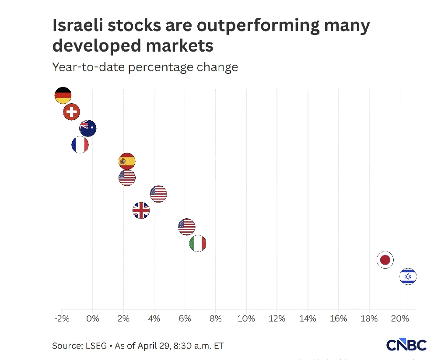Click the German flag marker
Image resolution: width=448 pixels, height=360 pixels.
[x=63, y=95]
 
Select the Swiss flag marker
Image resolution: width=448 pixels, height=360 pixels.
[x=71, y=112]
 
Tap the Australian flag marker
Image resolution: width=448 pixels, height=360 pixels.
[x=88, y=129]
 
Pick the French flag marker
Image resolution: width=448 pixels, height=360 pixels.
[x=80, y=145]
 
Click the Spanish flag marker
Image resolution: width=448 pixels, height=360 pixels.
[x=127, y=161]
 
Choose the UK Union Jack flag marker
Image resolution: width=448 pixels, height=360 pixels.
[x=141, y=211]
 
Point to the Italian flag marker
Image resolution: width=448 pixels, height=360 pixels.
[x=198, y=244]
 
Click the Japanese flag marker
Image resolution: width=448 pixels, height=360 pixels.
[x=385, y=260]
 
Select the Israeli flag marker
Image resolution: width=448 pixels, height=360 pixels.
[x=408, y=276]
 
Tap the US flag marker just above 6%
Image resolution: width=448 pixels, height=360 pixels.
[x=187, y=227]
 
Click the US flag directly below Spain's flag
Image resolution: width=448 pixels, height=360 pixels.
[x=127, y=178]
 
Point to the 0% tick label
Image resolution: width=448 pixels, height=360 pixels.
[x=93, y=319]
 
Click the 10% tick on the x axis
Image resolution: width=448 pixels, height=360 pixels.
[x=246, y=319]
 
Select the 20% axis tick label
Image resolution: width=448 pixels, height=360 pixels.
[x=400, y=319]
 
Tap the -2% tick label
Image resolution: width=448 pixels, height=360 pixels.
[x=62, y=319]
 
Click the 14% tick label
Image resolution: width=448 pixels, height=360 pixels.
[x=308, y=319]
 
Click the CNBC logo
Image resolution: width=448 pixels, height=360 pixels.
[x=406, y=345]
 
